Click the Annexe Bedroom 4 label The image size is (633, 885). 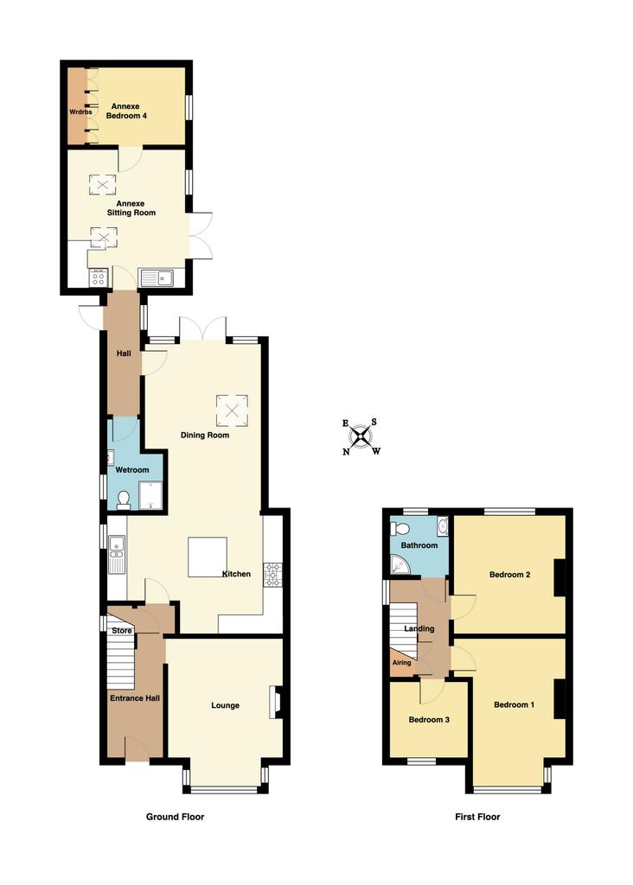tap(125, 111)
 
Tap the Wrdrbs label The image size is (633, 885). tap(80, 111)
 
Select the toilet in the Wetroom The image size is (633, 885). tap(124, 500)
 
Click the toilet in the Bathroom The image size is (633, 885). tap(400, 528)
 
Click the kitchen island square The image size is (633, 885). tap(208, 557)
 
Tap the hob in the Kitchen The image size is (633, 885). tap(272, 575)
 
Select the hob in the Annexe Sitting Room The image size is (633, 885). tap(99, 277)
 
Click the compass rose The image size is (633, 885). tap(361, 436)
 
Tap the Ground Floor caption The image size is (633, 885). tap(175, 816)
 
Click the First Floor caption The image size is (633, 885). tap(477, 816)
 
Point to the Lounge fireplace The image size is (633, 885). tap(276, 702)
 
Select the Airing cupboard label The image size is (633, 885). tap(401, 663)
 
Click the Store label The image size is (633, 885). tap(121, 630)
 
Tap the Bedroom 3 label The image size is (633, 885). tap(429, 720)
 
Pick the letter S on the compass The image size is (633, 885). tap(374, 422)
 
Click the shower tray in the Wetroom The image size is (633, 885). tap(150, 495)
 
